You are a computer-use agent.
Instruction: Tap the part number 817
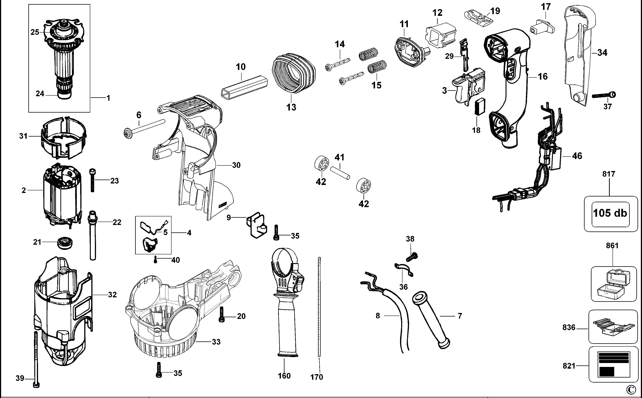pyautogui.click(x=609, y=174)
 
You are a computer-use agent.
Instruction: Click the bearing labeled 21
pyautogui.click(x=65, y=242)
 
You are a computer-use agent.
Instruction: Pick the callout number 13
pyautogui.click(x=291, y=107)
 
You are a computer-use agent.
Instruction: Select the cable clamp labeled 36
pyautogui.click(x=403, y=270)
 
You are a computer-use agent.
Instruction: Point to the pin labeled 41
pyautogui.click(x=340, y=172)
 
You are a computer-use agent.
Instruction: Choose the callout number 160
pyautogui.click(x=284, y=376)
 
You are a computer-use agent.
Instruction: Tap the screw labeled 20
pyautogui.click(x=221, y=315)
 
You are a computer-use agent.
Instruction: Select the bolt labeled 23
pyautogui.click(x=92, y=180)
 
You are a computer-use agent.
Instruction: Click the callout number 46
pyautogui.click(x=577, y=156)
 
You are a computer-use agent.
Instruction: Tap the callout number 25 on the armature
pyautogui.click(x=35, y=32)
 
